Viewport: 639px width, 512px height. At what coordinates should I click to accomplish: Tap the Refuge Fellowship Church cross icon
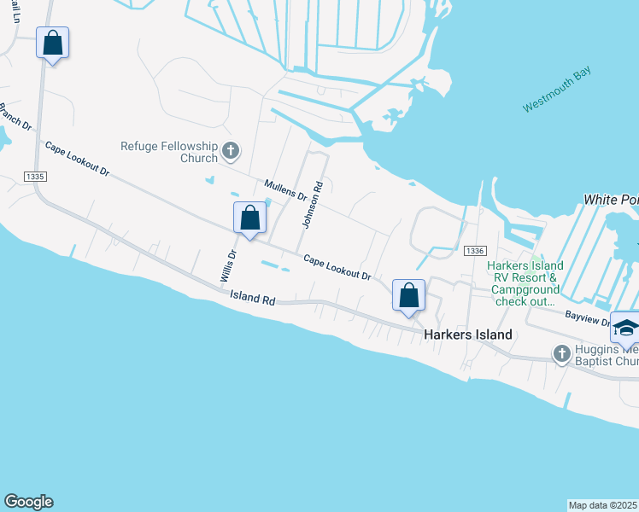pos(230,152)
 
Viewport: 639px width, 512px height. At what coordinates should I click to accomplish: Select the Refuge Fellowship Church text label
pos(169,151)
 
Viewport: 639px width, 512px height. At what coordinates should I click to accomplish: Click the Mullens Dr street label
pos(285,189)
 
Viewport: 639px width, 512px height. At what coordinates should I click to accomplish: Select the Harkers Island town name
pos(468,335)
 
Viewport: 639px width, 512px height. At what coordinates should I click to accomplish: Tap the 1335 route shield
pos(36,177)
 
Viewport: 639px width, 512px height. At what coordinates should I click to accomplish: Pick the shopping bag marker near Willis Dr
pos(249,218)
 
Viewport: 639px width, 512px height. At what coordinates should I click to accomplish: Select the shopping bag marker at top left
pos(52,43)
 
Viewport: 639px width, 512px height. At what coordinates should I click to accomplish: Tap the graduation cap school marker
pos(625,329)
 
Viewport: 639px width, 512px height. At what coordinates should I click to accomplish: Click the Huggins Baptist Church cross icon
pos(561,352)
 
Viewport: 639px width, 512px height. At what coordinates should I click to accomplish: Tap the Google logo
pos(28,502)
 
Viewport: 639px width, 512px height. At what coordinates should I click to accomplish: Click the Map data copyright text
pos(603,504)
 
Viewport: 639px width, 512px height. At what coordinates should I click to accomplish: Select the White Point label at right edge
pos(611,199)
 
